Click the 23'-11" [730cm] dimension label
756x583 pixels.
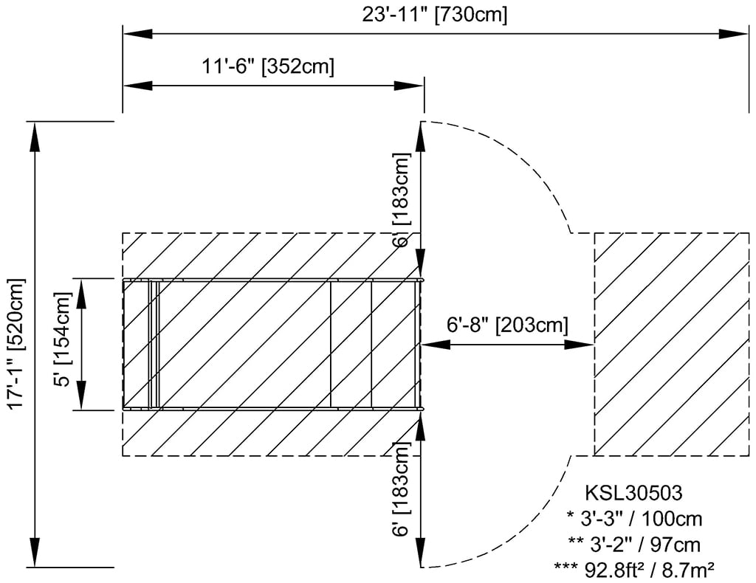point(434,15)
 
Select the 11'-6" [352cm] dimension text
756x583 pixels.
point(268,66)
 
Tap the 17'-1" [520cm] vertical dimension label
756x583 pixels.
point(16,343)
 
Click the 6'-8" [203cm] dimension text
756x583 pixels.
point(507,325)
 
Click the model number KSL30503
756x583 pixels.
point(633,492)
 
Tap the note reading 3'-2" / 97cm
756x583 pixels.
point(633,543)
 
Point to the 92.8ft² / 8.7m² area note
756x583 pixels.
point(633,568)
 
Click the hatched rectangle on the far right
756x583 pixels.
point(671,344)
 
